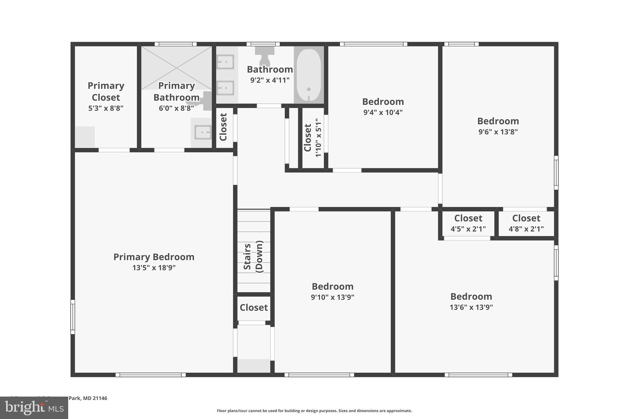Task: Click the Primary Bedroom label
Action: coord(154,257)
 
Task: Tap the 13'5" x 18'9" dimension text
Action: coord(154,268)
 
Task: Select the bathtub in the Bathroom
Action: coord(309,75)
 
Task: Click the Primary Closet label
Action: coord(106,91)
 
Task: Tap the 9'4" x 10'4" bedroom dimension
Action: coord(383,112)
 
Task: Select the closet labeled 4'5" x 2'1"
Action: coord(468,223)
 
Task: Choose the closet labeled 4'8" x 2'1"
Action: coord(526,223)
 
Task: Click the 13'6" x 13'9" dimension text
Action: coord(471,307)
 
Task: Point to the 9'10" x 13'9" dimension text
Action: coord(332,297)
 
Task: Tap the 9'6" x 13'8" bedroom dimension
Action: coord(498,132)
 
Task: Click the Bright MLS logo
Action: coord(34,408)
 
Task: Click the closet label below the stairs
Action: coord(254,307)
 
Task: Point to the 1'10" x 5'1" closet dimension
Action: coord(318,138)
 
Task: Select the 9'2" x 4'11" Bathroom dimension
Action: coord(270,80)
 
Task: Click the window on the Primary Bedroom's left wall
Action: coord(73,317)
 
